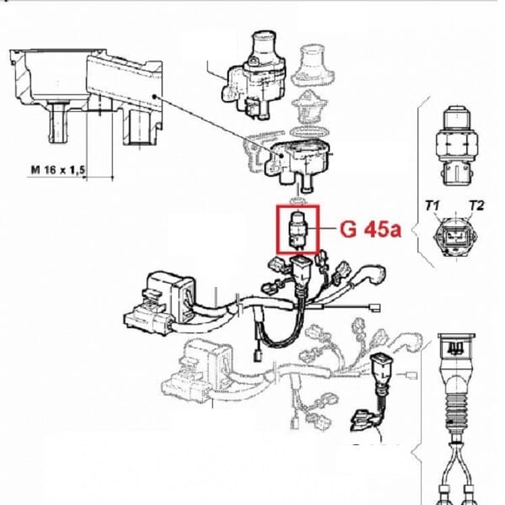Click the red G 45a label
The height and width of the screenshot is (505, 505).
coord(370,229)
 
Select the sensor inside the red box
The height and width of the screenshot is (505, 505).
coord(299,230)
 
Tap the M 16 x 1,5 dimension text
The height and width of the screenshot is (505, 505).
coord(58,170)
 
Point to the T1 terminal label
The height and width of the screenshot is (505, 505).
coord(433,205)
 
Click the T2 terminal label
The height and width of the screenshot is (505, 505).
coord(476,205)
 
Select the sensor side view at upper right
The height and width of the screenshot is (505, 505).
coord(457,146)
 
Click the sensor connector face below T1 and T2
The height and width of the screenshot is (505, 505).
coord(456,237)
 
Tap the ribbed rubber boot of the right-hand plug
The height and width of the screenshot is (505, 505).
coord(457,411)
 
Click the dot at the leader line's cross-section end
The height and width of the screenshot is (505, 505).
coord(155,96)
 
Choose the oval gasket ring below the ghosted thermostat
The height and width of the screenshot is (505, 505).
coord(308,132)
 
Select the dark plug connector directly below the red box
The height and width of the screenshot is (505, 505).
coord(301,270)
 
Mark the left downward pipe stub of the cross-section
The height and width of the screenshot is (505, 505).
coord(58,122)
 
